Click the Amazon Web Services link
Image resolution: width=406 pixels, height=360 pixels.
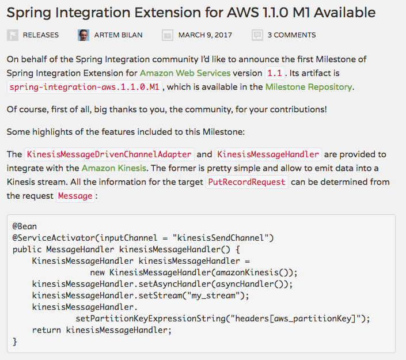point(185,73)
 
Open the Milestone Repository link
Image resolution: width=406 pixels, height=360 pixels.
point(308,87)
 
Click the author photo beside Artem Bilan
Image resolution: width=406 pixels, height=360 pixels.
point(84,35)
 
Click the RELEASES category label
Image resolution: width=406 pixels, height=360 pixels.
point(41,35)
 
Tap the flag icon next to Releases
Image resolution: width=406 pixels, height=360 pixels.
point(13,35)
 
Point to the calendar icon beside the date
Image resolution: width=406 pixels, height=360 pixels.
point(168,35)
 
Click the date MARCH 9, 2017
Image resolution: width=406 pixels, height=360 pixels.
point(205,35)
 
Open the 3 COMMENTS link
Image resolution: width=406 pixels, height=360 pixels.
point(291,35)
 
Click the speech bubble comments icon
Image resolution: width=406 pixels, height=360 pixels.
point(257,35)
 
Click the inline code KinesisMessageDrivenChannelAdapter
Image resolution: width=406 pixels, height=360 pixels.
point(108,154)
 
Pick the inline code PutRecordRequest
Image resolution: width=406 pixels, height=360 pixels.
point(246,182)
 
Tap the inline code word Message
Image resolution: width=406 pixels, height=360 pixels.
point(75,196)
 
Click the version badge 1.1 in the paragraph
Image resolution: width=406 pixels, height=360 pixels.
point(274,73)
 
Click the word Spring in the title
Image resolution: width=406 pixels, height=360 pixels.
point(28,13)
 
